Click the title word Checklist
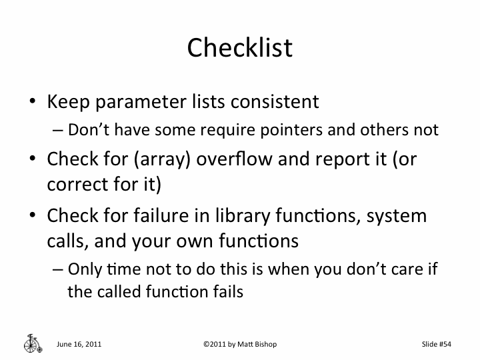click(x=239, y=47)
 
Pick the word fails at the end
click(x=226, y=291)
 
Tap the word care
click(x=415, y=269)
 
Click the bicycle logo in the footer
click(x=31, y=342)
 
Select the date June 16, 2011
click(x=79, y=344)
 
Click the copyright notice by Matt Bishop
click(x=239, y=344)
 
